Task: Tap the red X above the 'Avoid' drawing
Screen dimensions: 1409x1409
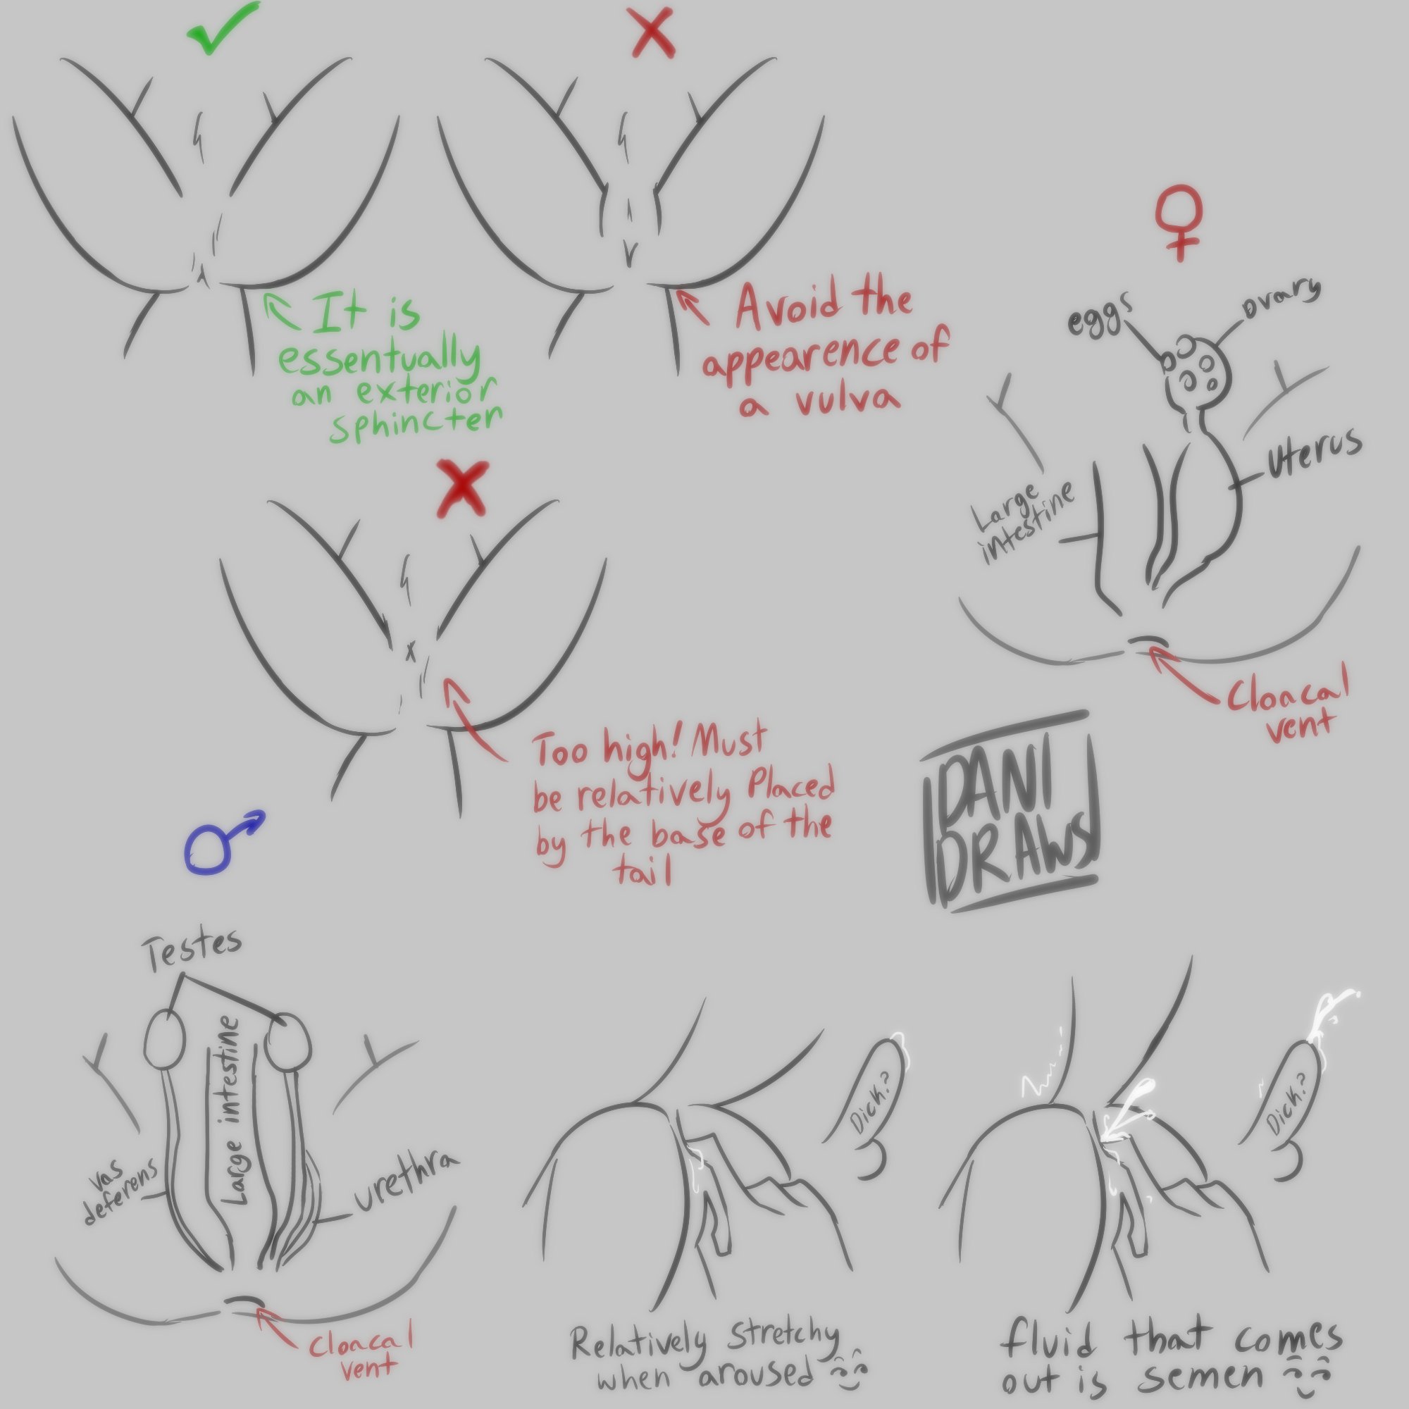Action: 653,35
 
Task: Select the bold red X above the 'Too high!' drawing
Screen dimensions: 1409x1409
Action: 462,489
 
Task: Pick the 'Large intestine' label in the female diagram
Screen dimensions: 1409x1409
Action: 1025,521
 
